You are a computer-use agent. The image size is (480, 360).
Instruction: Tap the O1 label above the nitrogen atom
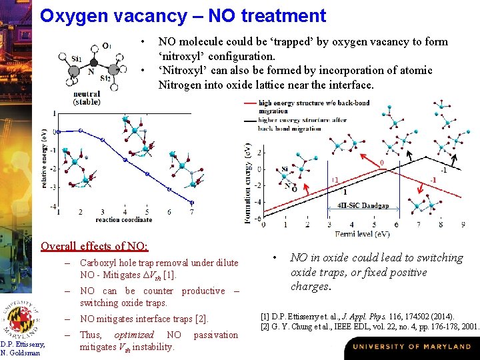tap(107, 46)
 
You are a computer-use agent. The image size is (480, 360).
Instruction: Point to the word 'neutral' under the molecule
tap(86, 95)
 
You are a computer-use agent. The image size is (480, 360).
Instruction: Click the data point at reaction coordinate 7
tap(191, 202)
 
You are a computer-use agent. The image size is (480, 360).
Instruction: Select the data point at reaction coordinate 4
tap(125, 160)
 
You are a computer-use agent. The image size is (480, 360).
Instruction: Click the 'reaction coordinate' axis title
tap(123, 219)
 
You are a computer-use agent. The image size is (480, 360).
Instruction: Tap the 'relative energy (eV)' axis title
tap(44, 157)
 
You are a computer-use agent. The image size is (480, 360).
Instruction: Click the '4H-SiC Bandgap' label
tap(363, 205)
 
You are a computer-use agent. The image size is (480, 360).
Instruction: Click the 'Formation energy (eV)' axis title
tap(248, 183)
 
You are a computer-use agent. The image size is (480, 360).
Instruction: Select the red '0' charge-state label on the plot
tap(381, 163)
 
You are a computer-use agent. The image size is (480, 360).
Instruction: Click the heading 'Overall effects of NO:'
tap(94, 245)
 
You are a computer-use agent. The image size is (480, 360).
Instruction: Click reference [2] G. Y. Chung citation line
tap(370, 326)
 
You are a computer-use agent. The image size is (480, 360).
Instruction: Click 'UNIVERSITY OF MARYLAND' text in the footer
tap(411, 347)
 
